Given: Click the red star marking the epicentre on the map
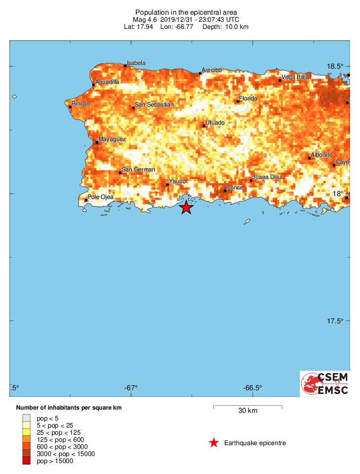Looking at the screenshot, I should (x=186, y=207).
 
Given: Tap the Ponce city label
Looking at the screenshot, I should (x=235, y=188).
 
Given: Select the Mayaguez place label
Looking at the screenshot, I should (x=112, y=139).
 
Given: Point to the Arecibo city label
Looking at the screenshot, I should (x=211, y=70).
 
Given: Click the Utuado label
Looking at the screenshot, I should (x=215, y=123).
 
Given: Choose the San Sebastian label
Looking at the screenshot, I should (x=154, y=104).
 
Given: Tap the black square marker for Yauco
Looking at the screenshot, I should (x=167, y=185).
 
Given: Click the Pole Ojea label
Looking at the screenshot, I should (x=101, y=197).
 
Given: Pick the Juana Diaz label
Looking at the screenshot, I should (x=268, y=177).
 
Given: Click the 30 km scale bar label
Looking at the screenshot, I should (x=247, y=411).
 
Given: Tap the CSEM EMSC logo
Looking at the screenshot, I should (x=325, y=384).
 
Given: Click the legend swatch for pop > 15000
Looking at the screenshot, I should (x=26, y=461).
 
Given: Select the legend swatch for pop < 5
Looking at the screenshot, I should (x=26, y=418).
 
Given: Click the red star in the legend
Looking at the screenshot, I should (x=214, y=443).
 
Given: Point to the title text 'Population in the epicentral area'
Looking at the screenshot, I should (x=186, y=12).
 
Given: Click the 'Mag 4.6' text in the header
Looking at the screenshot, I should (x=144, y=19).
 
